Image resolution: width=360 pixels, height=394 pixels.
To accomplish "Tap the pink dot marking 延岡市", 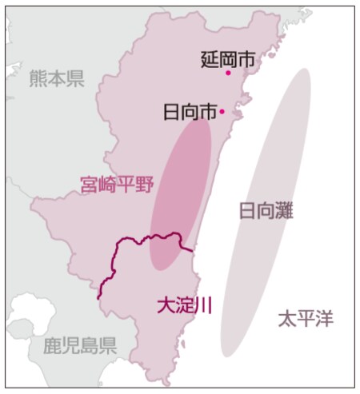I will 228,73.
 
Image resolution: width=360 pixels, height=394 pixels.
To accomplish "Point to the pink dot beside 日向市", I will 222,112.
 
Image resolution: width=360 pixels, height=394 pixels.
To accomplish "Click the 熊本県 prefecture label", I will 57,78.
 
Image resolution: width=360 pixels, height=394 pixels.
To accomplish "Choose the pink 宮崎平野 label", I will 116,185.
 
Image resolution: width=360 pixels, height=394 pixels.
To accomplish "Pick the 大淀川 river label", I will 183,304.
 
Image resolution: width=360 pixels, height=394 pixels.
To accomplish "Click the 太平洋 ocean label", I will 305,319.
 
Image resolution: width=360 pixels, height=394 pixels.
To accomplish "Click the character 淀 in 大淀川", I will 183,304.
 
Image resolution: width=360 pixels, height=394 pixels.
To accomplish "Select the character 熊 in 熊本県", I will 38,78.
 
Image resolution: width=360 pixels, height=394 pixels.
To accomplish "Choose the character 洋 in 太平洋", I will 323,319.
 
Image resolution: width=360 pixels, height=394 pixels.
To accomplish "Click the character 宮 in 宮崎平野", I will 89,185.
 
